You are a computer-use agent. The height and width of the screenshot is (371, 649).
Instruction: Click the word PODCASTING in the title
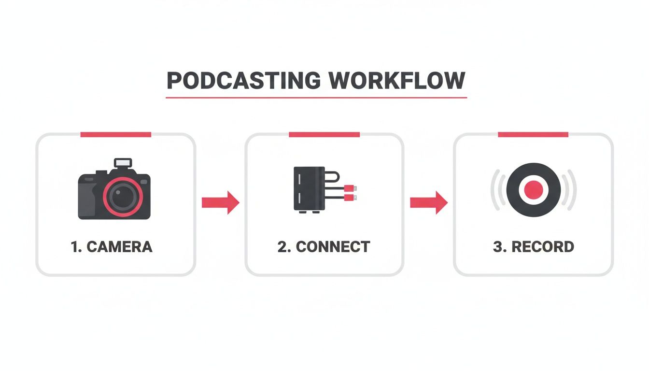pyautogui.click(x=243, y=81)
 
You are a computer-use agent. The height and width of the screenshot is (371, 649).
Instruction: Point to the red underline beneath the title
pyautogui.click(x=316, y=98)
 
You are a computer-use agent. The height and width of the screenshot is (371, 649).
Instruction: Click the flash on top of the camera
pyautogui.click(x=123, y=163)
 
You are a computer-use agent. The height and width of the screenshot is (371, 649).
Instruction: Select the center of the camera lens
pyautogui.click(x=123, y=196)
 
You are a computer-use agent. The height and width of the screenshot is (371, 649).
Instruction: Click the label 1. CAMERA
pyautogui.click(x=112, y=247)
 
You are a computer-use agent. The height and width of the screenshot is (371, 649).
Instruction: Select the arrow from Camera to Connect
pyautogui.click(x=220, y=202)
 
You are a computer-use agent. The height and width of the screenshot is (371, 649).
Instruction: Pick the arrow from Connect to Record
pyautogui.click(x=429, y=202)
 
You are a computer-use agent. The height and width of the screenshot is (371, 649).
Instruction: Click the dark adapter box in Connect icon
pyautogui.click(x=309, y=188)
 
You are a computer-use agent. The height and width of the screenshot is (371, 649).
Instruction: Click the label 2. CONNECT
pyautogui.click(x=324, y=247)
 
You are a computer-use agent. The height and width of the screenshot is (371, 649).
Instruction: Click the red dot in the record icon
pyautogui.click(x=533, y=189)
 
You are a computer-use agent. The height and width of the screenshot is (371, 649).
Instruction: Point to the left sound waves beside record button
pyautogui.click(x=497, y=190)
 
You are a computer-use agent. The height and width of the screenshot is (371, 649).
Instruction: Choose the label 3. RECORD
pyautogui.click(x=533, y=247)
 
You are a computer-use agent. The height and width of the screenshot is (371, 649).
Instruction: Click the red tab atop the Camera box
pyautogui.click(x=116, y=134)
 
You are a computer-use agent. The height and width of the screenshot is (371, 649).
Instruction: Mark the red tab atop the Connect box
pyautogui.click(x=324, y=134)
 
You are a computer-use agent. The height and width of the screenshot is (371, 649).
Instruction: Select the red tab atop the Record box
pyautogui.click(x=533, y=134)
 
